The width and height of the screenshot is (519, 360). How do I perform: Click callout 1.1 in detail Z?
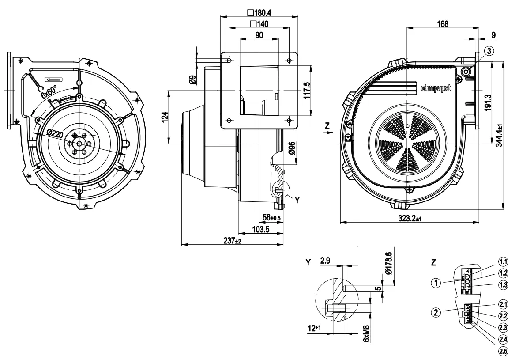coord(503,261)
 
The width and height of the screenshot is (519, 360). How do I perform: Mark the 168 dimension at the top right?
coord(441,24)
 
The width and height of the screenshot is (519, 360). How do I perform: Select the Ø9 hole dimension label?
coord(192,80)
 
